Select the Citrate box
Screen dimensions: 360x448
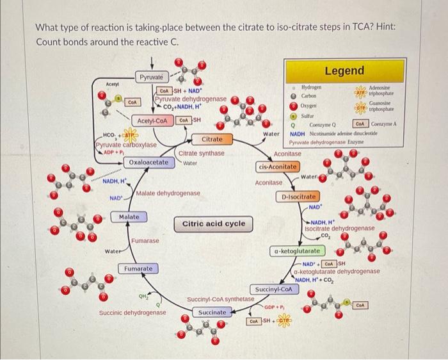[x=212, y=139]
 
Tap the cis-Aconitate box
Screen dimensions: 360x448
[x=278, y=167]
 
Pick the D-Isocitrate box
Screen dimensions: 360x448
[x=296, y=196]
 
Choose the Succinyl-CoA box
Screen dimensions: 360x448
[x=273, y=290]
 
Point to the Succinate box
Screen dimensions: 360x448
[x=212, y=313]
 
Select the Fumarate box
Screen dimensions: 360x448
[x=138, y=268]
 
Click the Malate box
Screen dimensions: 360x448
[x=129, y=218]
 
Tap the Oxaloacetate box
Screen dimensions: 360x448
[x=149, y=163]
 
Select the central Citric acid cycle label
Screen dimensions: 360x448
[x=214, y=224]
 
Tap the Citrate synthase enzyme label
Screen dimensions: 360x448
[x=201, y=153]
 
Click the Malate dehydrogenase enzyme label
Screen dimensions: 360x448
[x=168, y=193]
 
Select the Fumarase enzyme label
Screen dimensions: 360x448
[x=145, y=240]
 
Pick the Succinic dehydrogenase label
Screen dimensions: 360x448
[x=132, y=313]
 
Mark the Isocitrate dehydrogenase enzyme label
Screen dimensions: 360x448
[x=339, y=228]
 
